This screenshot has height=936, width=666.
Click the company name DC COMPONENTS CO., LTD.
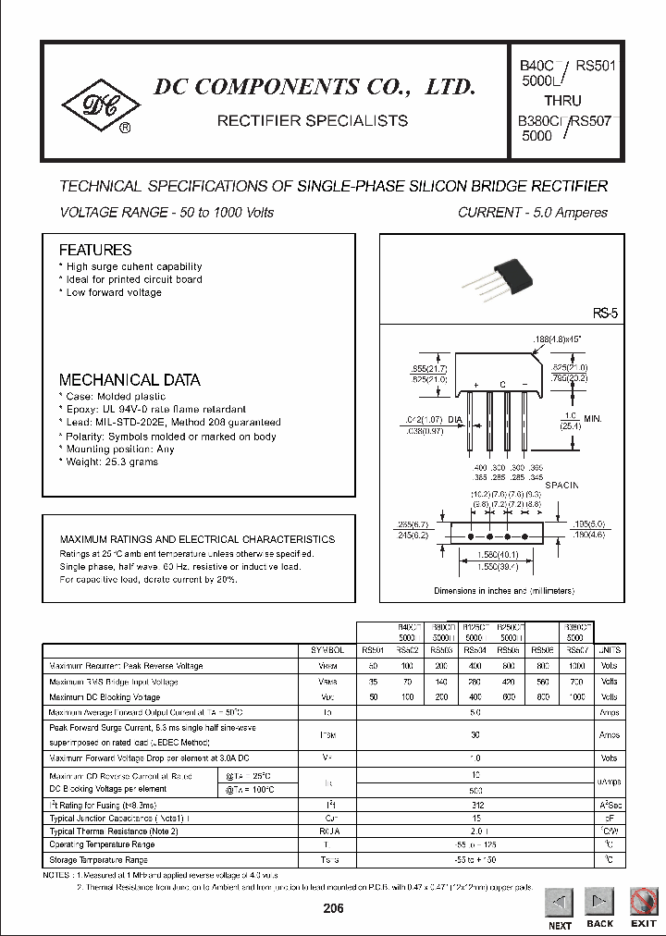tap(314, 88)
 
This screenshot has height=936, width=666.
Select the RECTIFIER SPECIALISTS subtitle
tap(312, 121)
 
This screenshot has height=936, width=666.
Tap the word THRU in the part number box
tap(563, 101)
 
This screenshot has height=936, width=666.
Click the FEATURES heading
tap(95, 250)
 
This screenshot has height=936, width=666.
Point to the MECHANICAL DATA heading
tap(129, 379)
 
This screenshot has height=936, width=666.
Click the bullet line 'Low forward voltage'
tap(113, 292)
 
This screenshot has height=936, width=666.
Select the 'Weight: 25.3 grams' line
tap(115, 461)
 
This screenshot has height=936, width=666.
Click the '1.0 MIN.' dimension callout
tap(583, 419)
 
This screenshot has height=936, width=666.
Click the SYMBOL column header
tap(329, 650)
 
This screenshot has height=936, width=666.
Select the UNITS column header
tap(610, 650)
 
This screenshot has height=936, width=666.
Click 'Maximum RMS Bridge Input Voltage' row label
tap(114, 682)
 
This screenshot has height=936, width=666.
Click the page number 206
tap(333, 909)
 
